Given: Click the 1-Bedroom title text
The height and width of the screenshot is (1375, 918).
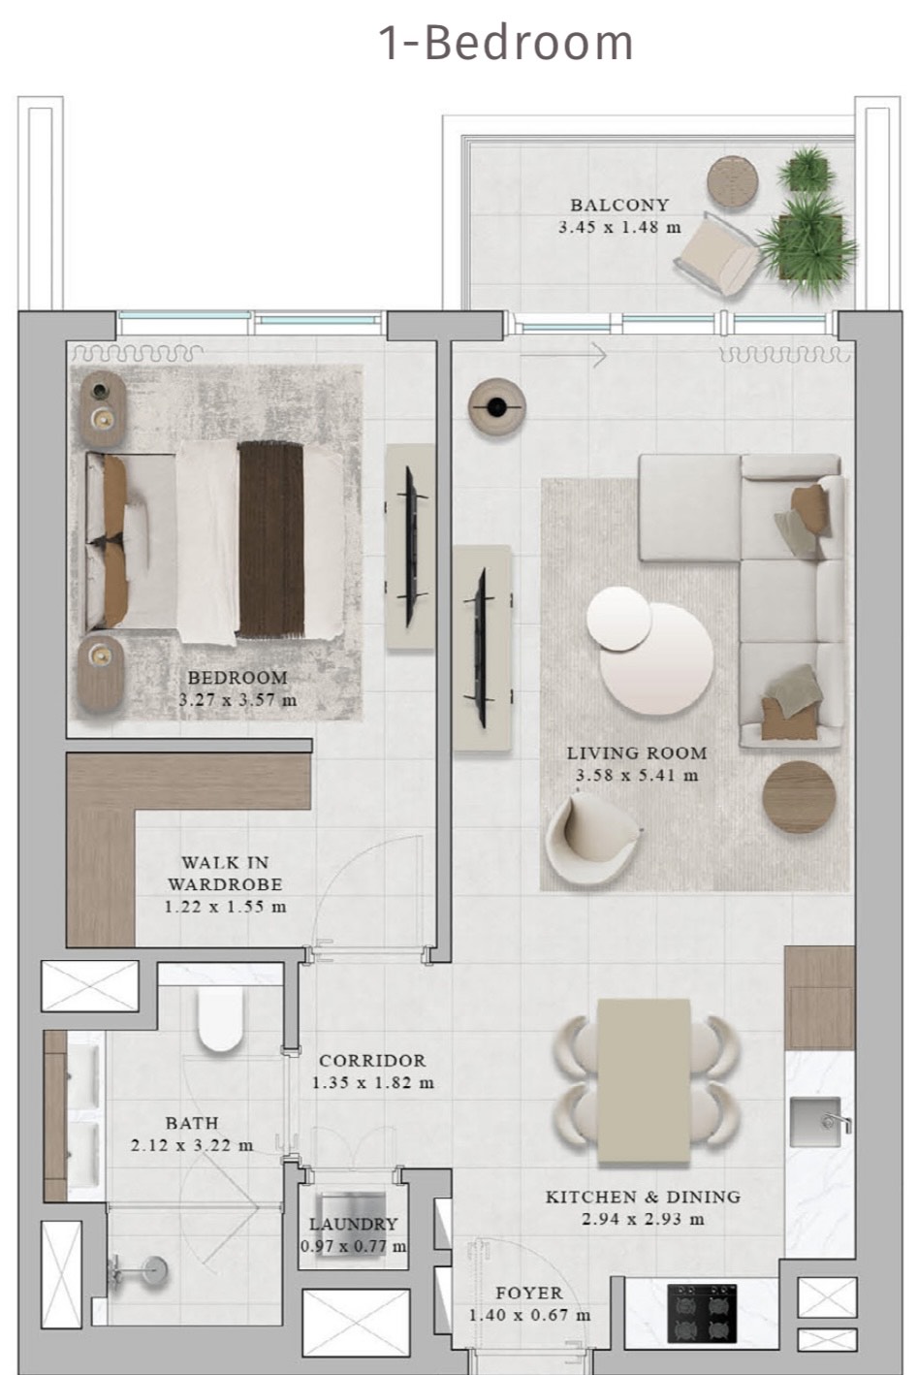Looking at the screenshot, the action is point(506,43).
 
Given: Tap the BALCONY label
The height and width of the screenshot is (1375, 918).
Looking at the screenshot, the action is point(619,205).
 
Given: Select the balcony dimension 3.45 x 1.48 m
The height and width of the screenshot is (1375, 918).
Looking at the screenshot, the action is point(619,227).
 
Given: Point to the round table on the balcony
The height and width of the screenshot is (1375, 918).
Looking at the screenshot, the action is point(732,181).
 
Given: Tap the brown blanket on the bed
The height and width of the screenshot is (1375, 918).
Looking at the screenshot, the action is point(270,539).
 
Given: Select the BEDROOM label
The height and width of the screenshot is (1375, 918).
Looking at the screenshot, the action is point(237,678).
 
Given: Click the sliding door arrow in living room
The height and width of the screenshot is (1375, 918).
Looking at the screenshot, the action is point(563,355).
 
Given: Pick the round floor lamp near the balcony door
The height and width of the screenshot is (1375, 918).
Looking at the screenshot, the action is point(496,406).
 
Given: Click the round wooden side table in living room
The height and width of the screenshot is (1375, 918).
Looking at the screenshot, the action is point(799,797).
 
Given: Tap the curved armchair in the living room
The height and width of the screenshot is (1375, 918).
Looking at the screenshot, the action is point(591,839).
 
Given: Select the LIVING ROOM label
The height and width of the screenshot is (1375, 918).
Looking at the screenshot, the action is point(636,753).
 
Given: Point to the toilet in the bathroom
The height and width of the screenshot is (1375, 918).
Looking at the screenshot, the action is point(220,1019).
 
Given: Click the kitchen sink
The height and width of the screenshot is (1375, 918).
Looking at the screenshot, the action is point(817,1122).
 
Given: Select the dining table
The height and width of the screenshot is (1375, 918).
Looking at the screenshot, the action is point(644,1081).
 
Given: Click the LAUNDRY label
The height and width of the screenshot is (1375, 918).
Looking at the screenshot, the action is point(354,1224).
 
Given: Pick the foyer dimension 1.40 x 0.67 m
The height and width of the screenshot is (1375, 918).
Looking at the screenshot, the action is point(529,1315).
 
